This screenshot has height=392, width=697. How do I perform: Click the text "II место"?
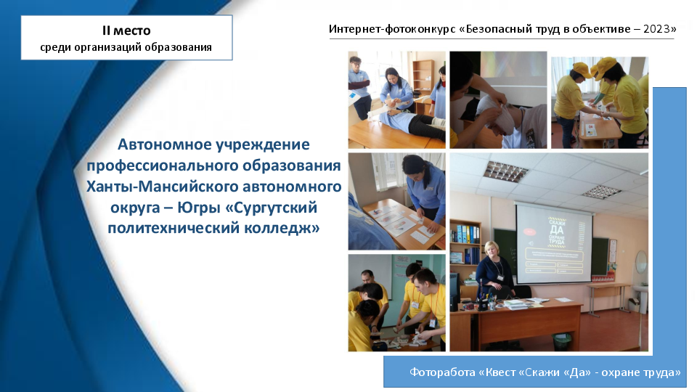coord(126,30)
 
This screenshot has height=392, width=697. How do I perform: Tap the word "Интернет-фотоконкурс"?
coord(392,29)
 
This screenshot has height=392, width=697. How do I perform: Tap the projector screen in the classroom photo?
coord(554,244)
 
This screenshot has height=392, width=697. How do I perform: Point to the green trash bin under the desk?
coord(562,341)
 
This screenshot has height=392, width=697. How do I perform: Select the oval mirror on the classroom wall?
coord(641,262)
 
